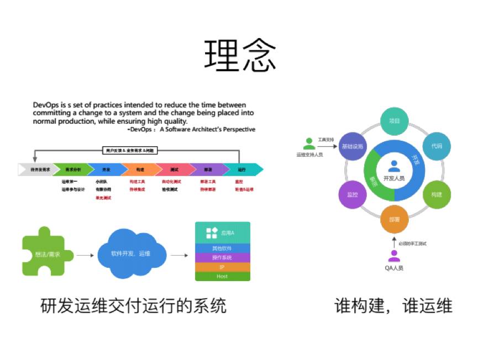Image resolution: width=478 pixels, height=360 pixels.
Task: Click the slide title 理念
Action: [x=239, y=55]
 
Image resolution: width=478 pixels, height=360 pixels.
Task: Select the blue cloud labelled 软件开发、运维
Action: [x=131, y=254]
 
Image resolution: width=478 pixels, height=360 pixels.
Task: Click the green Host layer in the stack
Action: [x=222, y=276]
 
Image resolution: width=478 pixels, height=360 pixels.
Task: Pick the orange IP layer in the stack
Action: [x=222, y=267]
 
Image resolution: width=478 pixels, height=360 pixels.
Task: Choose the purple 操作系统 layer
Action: [x=222, y=257]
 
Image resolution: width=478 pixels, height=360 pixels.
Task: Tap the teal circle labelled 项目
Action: [x=394, y=121]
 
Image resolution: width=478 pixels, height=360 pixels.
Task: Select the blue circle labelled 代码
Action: [x=437, y=146]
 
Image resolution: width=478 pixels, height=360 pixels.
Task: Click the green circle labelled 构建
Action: [x=437, y=194]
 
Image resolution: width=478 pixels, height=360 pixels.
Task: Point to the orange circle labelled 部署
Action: [x=394, y=219]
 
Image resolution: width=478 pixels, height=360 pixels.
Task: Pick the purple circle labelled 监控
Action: [x=351, y=194]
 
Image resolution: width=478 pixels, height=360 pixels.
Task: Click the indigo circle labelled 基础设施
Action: [x=352, y=146]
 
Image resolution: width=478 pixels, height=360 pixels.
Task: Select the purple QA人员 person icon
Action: [x=394, y=256]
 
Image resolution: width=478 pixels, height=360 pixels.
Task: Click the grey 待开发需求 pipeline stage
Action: [x=38, y=169]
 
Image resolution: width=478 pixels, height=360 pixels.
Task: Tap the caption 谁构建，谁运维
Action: [x=393, y=305]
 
